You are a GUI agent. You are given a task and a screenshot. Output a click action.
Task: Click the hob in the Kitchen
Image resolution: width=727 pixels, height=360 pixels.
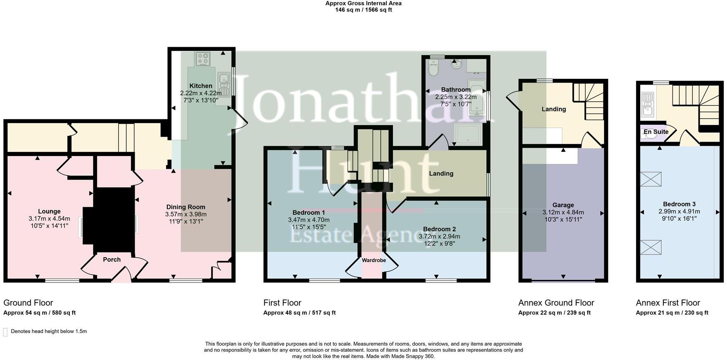203,59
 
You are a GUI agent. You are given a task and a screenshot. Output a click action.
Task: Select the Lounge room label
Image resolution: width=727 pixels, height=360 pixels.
49,211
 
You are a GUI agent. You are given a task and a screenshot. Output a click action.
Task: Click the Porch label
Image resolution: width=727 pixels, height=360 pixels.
112,259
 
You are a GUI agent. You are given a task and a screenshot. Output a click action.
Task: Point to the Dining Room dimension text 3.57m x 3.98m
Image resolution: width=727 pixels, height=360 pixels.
185,214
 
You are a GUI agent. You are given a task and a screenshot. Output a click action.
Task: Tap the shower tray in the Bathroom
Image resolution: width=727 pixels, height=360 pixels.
468,134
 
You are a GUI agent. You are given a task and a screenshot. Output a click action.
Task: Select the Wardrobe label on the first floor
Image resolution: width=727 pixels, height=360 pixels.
374,260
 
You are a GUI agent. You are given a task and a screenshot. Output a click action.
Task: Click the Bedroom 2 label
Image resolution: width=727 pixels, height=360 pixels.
439,229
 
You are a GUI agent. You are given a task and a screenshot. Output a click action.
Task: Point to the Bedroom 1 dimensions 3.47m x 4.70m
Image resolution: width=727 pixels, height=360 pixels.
309,220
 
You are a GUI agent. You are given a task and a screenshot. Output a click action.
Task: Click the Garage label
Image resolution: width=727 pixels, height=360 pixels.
563,205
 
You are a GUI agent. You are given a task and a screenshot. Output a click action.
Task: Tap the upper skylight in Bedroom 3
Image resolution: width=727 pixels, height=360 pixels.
651,179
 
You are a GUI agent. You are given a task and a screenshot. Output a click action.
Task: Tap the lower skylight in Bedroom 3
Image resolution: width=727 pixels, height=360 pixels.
651,247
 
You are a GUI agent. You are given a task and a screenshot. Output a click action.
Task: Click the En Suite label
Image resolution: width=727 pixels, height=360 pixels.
656,132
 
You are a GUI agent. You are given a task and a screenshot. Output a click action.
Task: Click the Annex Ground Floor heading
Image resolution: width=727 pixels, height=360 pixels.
556,303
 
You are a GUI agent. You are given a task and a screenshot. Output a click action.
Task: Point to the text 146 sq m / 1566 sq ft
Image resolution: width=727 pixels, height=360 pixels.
363,10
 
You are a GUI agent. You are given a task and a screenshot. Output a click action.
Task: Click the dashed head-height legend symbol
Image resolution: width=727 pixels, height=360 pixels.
5,332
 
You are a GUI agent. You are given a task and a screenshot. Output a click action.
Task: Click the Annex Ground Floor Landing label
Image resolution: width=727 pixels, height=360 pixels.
554,109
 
